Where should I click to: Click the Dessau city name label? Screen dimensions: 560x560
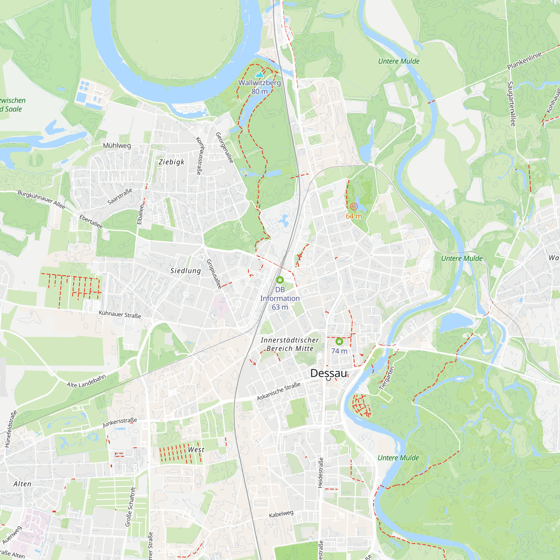click(x=328, y=373)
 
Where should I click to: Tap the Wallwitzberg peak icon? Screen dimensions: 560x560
click(x=260, y=75)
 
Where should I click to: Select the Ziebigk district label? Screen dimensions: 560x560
click(x=171, y=162)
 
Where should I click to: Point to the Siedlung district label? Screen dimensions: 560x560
click(x=186, y=271)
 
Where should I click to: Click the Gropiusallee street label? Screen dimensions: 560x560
click(x=214, y=274)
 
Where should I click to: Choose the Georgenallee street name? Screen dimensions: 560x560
click(x=225, y=148)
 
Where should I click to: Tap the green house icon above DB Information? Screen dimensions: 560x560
click(x=280, y=280)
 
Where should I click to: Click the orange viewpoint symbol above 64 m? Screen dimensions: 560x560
click(x=354, y=206)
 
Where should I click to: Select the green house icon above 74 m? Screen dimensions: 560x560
click(x=339, y=341)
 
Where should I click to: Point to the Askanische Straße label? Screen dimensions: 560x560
click(x=279, y=391)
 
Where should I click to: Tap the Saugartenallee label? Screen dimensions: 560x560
click(x=511, y=104)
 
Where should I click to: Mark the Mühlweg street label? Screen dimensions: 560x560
click(x=117, y=146)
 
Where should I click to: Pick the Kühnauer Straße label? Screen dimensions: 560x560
click(x=120, y=314)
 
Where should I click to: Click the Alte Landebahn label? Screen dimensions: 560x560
click(x=86, y=381)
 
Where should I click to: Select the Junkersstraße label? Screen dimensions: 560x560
click(x=120, y=422)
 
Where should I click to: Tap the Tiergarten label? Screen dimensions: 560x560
click(x=387, y=378)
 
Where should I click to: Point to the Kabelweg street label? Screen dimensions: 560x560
click(x=281, y=514)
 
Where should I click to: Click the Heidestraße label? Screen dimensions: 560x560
click(x=320, y=472)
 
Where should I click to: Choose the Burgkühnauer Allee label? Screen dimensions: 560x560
click(x=41, y=199)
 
